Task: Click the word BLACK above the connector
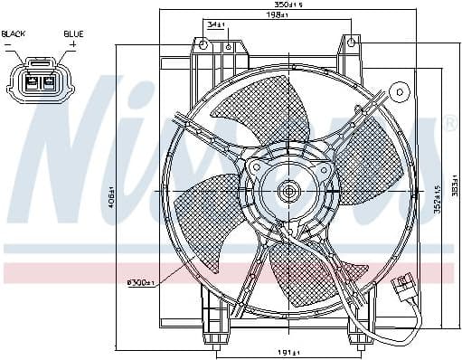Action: click(14, 33)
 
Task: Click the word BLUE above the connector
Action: click(73, 33)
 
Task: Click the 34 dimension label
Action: click(214, 23)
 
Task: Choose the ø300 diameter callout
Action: click(141, 284)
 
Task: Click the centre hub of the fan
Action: click(289, 191)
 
